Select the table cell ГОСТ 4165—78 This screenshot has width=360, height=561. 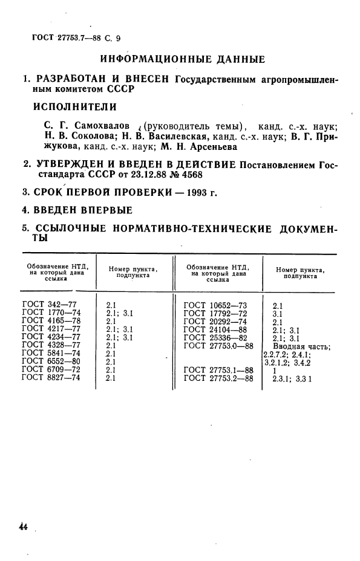click(51, 322)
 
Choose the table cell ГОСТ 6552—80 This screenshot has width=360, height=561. click(51, 362)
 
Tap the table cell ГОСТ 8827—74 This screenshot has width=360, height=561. click(51, 378)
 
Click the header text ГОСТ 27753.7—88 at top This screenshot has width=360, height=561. click(64, 38)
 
